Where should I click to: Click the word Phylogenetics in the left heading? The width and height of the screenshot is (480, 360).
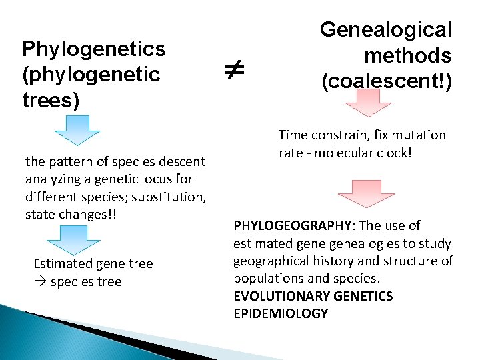point(94,49)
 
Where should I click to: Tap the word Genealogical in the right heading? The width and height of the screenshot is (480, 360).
point(386,29)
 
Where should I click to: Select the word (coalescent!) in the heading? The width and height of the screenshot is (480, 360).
point(387,81)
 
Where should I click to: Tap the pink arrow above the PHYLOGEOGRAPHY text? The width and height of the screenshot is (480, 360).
point(366,192)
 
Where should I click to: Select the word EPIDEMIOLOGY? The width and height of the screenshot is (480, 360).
point(281,313)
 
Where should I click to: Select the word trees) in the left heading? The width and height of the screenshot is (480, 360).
point(51,100)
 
